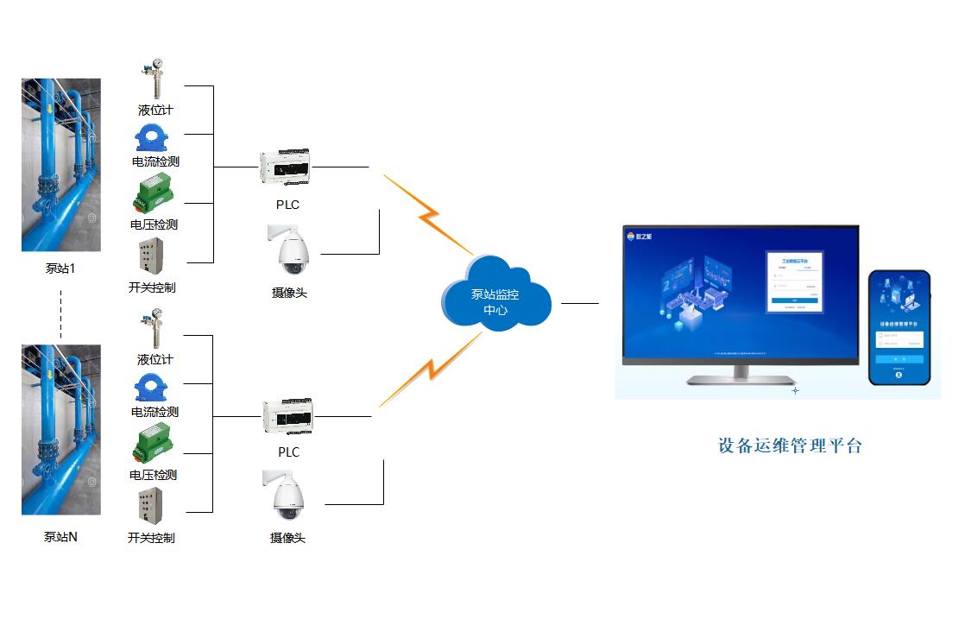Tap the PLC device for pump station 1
(x=285, y=167)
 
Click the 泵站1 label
(x=60, y=268)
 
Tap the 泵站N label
(x=60, y=536)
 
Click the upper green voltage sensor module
(x=153, y=194)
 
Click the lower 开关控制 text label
(x=151, y=538)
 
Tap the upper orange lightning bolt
(x=428, y=212)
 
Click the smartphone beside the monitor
(x=898, y=327)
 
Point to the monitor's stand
(x=741, y=375)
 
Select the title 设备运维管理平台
(x=790, y=446)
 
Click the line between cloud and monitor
(x=579, y=303)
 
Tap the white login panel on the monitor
(x=794, y=281)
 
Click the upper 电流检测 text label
(x=155, y=161)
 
